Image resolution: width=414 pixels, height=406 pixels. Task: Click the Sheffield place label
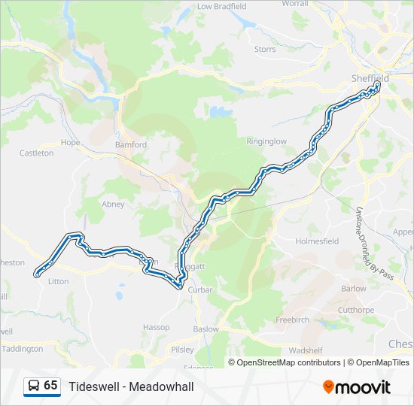370,78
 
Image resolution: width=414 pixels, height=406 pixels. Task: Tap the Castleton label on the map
36,153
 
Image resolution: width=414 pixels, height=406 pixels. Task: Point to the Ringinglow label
266,141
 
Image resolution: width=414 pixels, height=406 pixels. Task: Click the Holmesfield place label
318,241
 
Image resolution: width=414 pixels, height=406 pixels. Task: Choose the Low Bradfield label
221,6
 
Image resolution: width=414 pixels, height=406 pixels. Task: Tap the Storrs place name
264,49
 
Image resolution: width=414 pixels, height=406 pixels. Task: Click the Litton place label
58,281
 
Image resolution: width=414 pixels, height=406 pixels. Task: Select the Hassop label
156,328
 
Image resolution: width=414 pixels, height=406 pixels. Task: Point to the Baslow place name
206,329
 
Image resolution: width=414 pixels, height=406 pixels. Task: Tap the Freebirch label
292,320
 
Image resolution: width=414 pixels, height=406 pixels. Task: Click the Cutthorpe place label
355,310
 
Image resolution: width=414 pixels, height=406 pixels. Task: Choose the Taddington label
22,349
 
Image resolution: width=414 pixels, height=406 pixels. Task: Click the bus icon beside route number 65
34,386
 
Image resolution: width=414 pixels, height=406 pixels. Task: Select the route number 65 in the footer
50,385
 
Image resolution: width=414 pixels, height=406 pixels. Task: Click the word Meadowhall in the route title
161,386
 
